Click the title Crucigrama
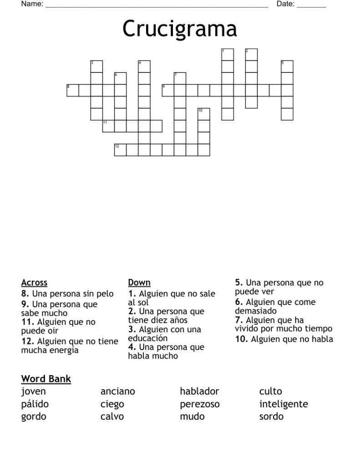click(179, 30)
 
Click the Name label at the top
click(32, 4)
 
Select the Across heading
click(34, 283)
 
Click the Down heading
click(139, 283)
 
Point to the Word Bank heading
click(46, 379)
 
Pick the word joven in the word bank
click(33, 391)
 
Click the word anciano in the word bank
click(117, 391)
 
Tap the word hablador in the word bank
click(199, 391)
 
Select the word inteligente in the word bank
click(284, 404)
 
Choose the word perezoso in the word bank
click(199, 404)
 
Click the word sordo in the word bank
click(271, 416)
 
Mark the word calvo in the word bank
click(112, 416)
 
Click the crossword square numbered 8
click(73, 90)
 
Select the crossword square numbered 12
click(120, 150)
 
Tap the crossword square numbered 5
click(287, 66)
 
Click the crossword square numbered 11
click(108, 126)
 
